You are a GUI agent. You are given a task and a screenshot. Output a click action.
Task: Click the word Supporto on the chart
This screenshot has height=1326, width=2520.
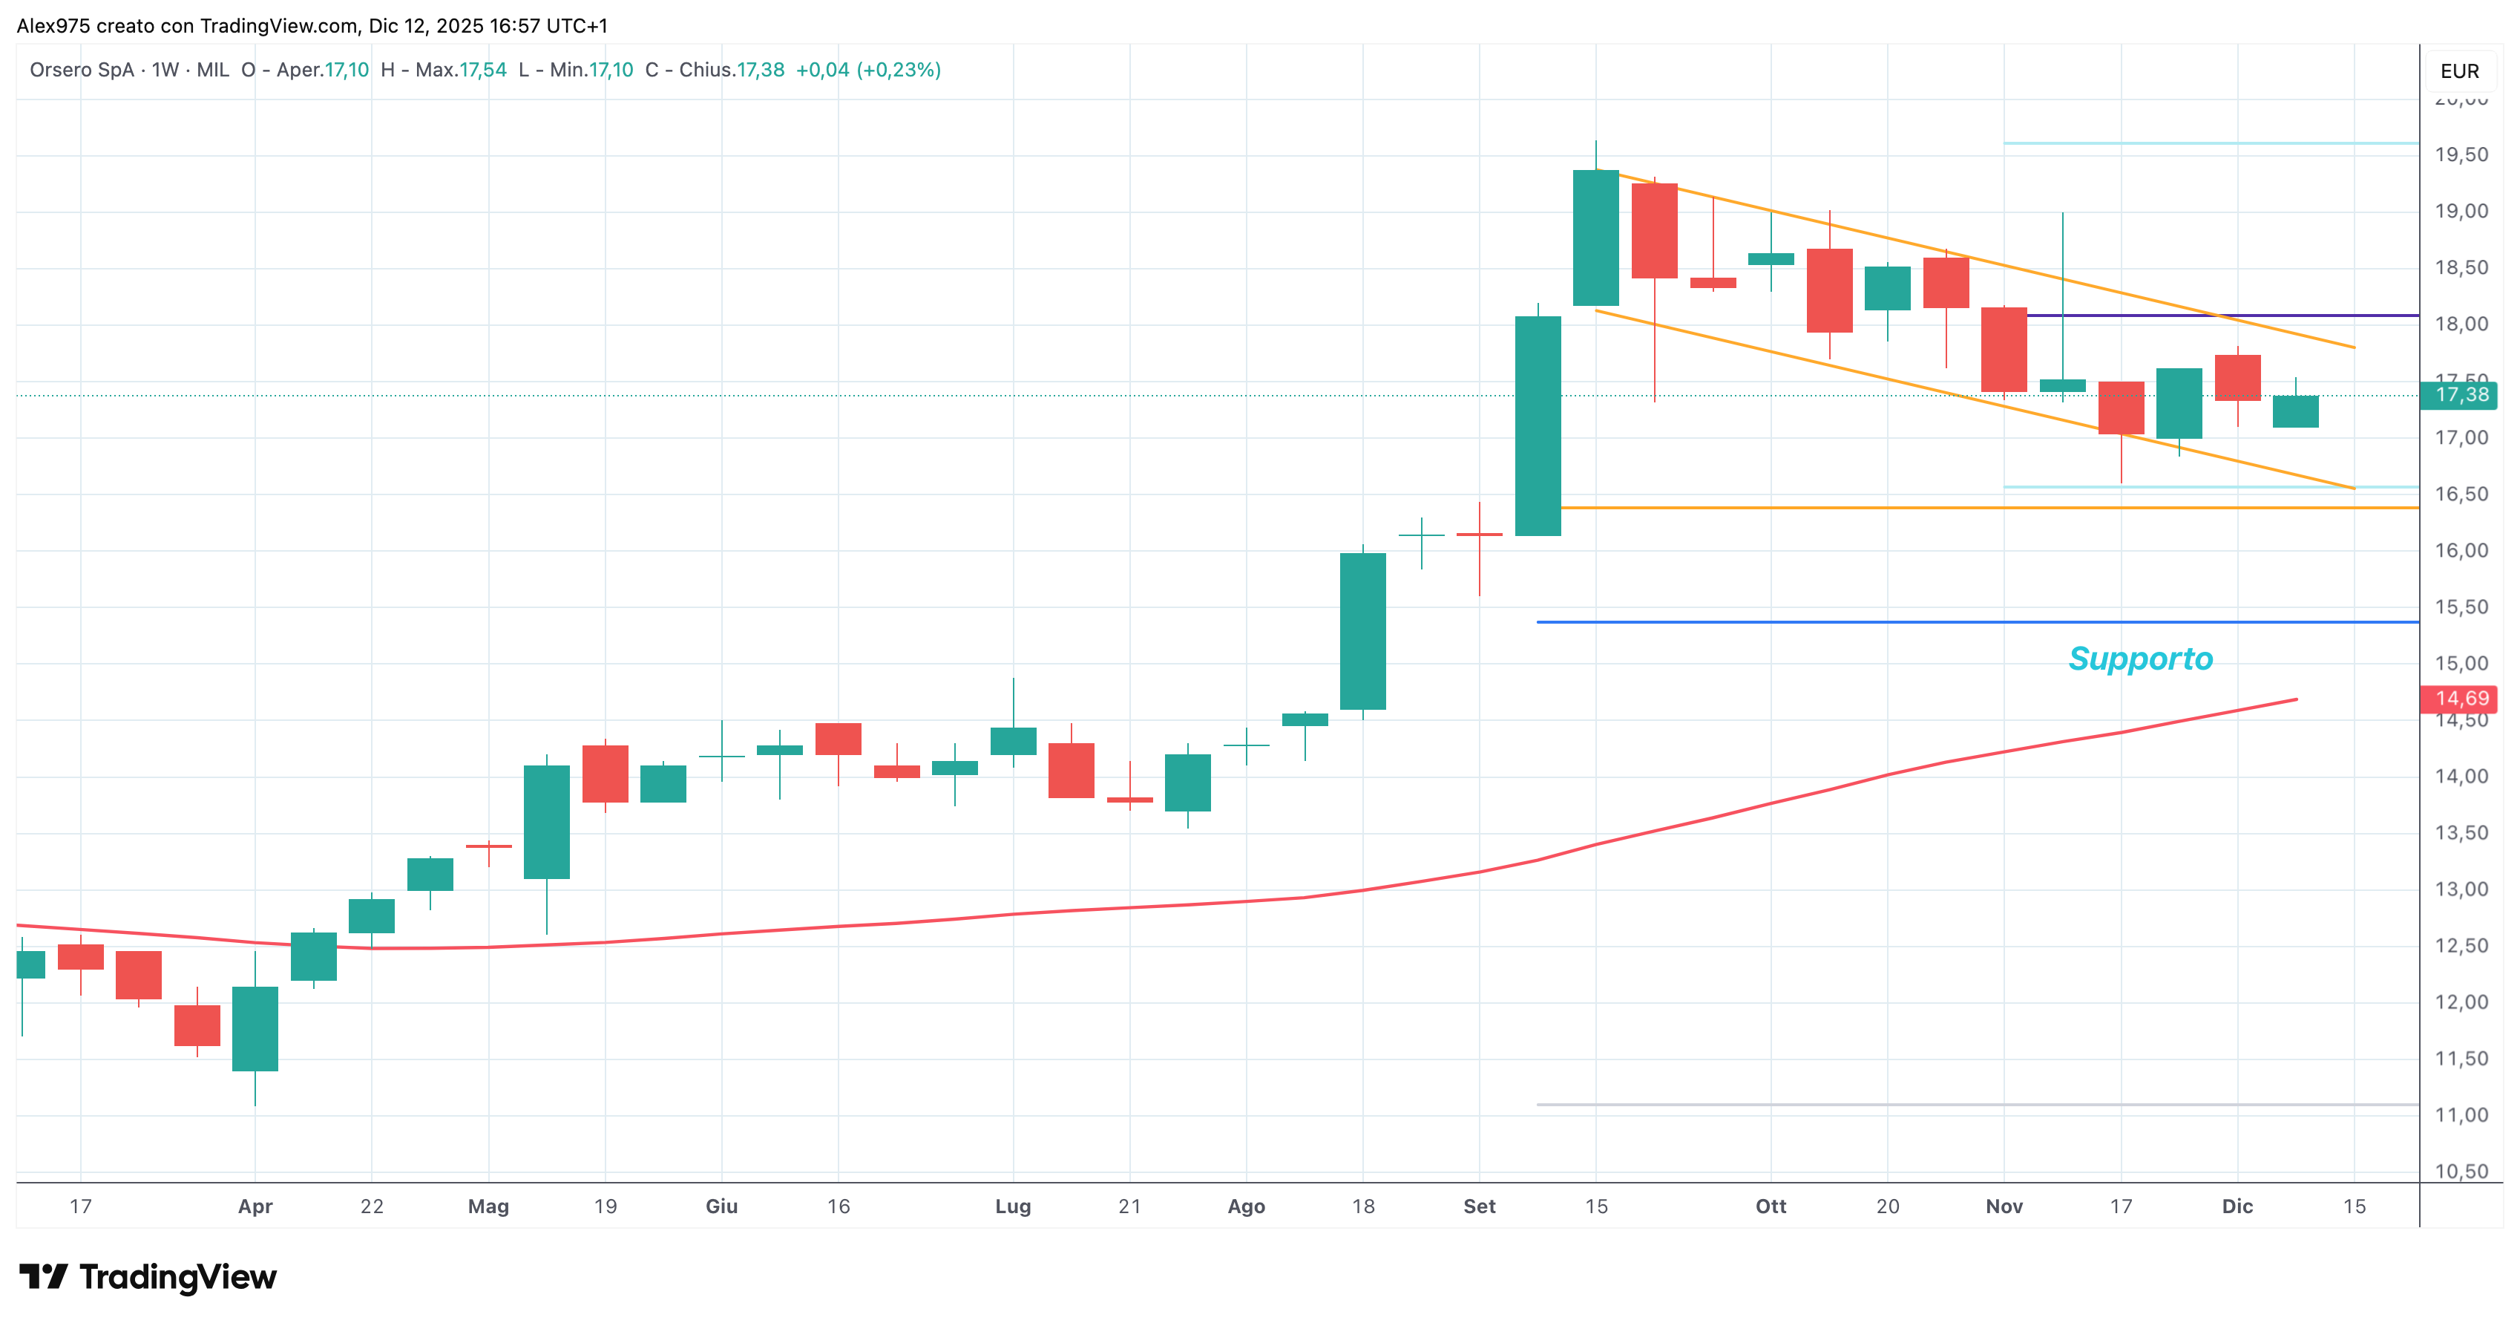(x=2140, y=659)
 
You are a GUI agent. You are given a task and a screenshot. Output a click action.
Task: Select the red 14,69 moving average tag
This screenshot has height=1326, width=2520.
(x=2458, y=699)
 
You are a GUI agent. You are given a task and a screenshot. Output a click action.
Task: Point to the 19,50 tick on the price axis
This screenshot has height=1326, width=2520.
(x=2461, y=154)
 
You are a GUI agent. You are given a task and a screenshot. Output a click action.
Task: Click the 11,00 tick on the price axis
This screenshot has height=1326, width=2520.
(x=2461, y=1114)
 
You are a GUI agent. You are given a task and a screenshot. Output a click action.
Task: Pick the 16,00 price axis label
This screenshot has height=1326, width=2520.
(x=2461, y=550)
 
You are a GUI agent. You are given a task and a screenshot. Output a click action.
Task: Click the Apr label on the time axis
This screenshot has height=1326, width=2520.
(x=255, y=1206)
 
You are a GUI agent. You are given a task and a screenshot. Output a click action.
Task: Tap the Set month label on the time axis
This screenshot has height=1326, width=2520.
(x=1479, y=1206)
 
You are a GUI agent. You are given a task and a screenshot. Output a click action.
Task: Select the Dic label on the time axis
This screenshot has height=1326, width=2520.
(x=2237, y=1206)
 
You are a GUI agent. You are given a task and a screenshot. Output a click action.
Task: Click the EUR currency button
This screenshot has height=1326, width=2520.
(x=2459, y=71)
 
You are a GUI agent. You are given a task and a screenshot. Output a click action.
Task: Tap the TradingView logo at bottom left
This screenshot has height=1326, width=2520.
(x=148, y=1277)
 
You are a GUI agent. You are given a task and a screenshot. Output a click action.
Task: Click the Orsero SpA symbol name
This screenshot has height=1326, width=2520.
(x=82, y=70)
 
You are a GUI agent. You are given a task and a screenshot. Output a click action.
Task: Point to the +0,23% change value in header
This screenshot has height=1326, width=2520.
(x=899, y=70)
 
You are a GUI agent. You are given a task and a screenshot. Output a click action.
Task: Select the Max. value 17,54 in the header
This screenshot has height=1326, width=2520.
(x=483, y=70)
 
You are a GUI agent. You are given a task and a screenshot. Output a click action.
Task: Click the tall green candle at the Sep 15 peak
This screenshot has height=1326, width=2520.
(x=1595, y=238)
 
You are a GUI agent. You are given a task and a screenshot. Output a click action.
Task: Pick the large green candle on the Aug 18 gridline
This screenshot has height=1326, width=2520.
(x=1362, y=631)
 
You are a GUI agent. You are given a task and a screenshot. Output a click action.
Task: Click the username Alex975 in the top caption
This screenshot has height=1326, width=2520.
(x=54, y=25)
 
